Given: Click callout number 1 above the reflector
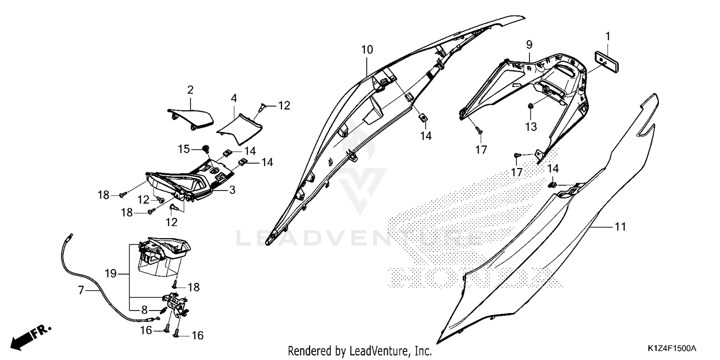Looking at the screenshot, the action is coord(608,36).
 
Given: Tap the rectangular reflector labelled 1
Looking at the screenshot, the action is coord(606,62).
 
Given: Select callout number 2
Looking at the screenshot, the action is coord(190,90).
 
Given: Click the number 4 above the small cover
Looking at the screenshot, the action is coord(234,98).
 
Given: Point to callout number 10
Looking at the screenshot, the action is coord(367,50).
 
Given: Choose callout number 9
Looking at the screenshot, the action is coord(529,45).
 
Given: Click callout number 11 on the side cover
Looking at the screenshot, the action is coord(620,227).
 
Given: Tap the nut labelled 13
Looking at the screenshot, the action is coord(531,106).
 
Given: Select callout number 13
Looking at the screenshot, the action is coord(531,127).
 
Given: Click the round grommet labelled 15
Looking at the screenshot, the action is coord(206,149).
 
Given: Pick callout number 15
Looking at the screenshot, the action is coord(184,149).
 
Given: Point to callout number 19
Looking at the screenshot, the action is coord(110,274).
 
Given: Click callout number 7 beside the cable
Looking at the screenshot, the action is coord(81,290).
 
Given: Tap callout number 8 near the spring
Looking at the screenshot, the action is coord(144,310).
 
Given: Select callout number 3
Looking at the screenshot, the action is coord(232,190).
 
